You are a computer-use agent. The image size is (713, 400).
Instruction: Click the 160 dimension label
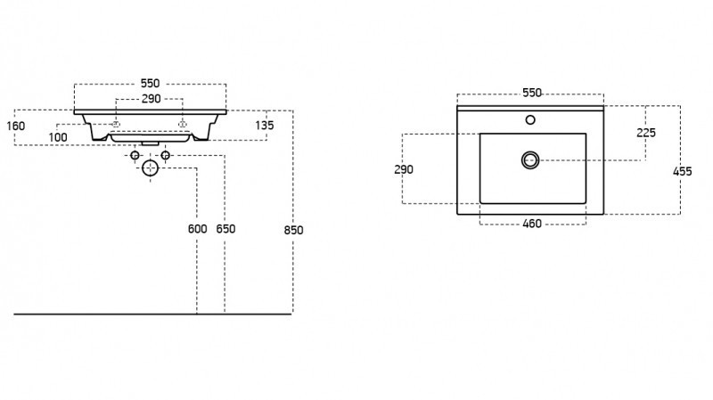tap(15, 125)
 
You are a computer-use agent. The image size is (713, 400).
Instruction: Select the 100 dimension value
tap(58, 136)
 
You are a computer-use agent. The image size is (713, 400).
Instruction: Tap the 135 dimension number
tap(264, 125)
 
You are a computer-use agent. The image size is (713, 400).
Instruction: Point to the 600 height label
tap(197, 229)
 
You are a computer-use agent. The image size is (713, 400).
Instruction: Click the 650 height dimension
tap(225, 229)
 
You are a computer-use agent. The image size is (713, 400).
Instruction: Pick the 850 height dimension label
tap(294, 230)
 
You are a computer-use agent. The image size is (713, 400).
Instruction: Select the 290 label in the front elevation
tap(151, 99)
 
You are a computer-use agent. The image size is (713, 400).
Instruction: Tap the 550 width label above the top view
tap(531, 93)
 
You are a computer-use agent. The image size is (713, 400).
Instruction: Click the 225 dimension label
tap(646, 132)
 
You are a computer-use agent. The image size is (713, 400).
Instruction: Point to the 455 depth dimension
tap(683, 171)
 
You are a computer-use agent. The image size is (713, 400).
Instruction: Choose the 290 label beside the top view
tap(404, 168)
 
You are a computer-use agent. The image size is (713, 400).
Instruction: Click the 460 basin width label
tap(531, 224)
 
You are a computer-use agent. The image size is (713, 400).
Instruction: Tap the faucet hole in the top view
tap(530, 119)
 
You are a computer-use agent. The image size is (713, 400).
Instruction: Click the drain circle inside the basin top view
tap(531, 159)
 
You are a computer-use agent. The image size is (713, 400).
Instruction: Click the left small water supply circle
tap(135, 156)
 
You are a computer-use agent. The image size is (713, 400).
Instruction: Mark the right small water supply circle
tap(165, 156)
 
